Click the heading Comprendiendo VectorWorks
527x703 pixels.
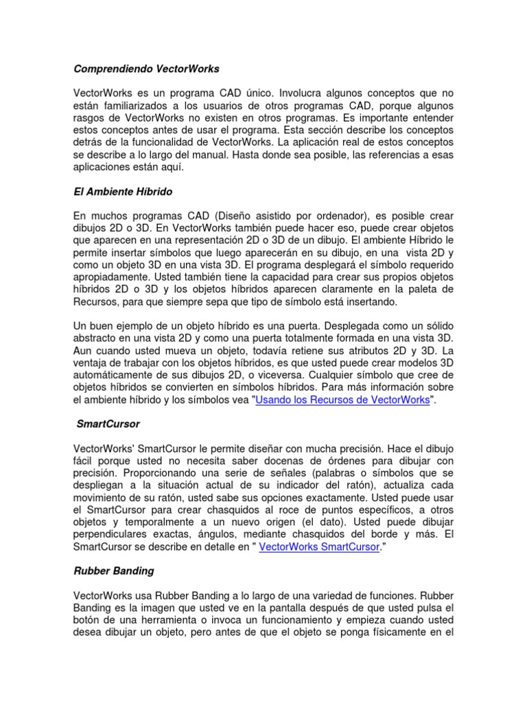click(x=146, y=69)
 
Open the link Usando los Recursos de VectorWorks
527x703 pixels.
click(x=342, y=400)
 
